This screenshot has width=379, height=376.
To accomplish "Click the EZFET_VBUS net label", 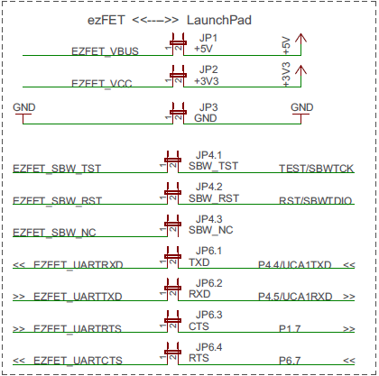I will [105, 51].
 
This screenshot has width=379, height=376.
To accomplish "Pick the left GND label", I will [24, 107].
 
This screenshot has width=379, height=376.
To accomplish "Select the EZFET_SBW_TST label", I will [57, 169].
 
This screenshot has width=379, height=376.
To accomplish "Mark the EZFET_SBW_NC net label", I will [54, 233].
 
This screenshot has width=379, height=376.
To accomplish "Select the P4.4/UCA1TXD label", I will [296, 265].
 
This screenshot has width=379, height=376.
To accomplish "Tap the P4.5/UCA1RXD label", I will [296, 297].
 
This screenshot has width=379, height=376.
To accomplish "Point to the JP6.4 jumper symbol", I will [171, 352].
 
